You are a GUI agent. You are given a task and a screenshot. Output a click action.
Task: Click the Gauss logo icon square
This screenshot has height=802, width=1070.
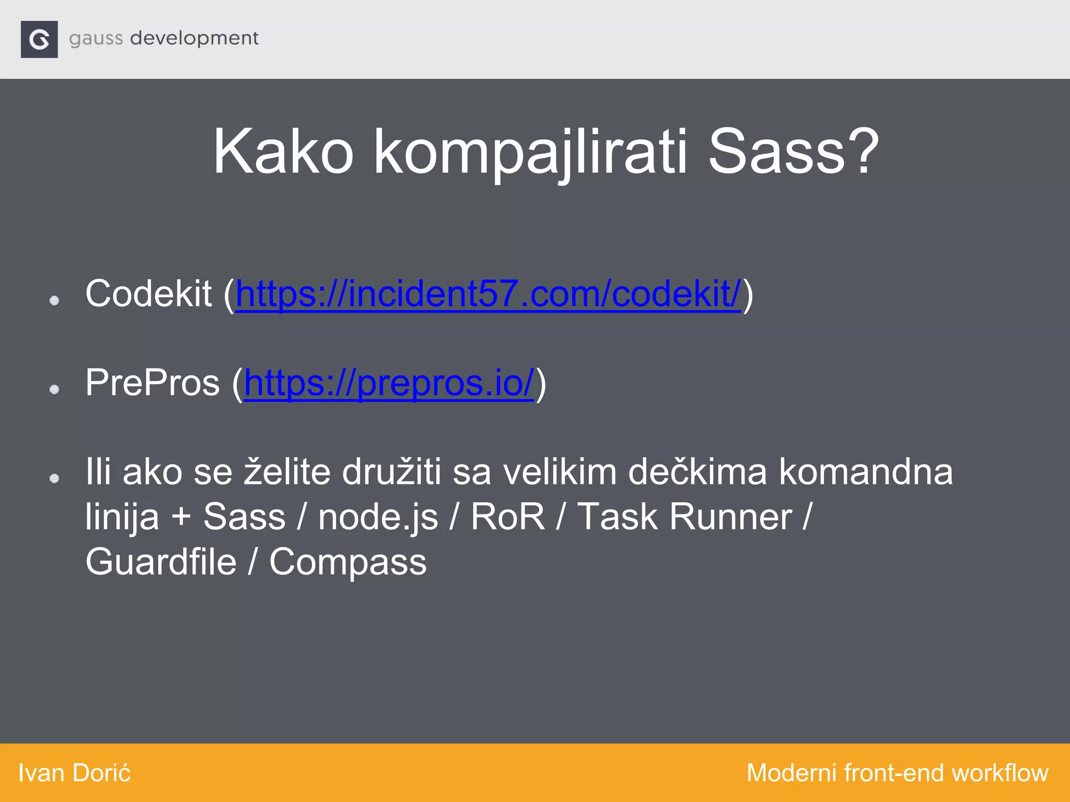[39, 39]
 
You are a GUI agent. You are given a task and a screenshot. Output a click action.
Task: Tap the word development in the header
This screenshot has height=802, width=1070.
[194, 39]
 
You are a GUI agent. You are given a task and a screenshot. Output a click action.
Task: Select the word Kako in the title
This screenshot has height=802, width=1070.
[283, 152]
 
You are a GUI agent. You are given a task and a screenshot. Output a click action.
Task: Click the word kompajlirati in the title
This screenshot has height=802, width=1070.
[530, 153]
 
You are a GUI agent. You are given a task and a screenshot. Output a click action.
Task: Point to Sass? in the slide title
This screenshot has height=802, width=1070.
[793, 152]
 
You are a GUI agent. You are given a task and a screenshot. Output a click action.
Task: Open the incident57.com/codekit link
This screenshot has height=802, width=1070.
[488, 294]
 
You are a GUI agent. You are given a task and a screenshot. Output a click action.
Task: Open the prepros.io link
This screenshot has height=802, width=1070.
[389, 383]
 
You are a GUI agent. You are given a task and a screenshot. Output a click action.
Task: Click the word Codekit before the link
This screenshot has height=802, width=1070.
[148, 294]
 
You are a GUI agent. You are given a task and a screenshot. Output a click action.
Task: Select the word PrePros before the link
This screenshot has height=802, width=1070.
[153, 383]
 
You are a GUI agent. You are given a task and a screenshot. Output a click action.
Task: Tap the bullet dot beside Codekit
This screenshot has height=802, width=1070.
[54, 300]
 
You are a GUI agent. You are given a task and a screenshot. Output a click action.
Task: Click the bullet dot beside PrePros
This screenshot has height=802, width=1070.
[54, 389]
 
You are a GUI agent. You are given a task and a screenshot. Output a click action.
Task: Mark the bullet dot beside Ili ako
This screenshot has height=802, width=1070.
[54, 478]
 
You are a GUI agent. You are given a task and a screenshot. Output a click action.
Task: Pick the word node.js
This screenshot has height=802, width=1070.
[378, 517]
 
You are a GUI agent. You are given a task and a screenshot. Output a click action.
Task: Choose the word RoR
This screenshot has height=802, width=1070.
[507, 517]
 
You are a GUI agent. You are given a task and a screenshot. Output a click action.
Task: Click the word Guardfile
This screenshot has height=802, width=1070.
[161, 562]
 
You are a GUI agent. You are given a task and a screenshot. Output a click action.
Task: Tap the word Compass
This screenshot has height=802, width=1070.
[348, 563]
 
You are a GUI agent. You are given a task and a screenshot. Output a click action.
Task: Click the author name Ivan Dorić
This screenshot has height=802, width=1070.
[74, 773]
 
